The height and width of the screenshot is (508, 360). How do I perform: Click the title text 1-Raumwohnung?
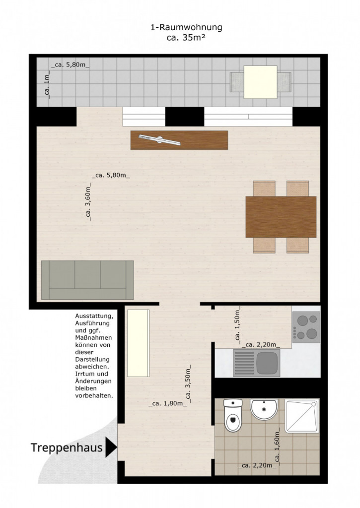click(x=187, y=27)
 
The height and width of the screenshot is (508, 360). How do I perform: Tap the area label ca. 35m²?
click(x=187, y=38)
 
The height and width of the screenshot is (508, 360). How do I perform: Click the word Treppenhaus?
click(x=67, y=448)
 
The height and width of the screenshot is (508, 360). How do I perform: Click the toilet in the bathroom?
click(x=233, y=415)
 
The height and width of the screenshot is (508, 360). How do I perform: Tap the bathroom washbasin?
click(x=264, y=409)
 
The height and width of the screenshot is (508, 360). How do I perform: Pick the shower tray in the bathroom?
click(x=301, y=416)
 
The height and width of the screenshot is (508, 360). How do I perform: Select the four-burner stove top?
click(x=306, y=327)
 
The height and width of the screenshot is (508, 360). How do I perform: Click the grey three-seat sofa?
click(x=87, y=280)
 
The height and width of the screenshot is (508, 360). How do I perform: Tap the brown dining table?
click(x=281, y=217)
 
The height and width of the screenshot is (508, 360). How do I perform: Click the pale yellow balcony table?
click(x=260, y=82)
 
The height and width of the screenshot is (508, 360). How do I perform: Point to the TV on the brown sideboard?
click(x=159, y=140)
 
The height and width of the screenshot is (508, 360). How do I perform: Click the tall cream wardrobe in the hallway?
click(x=138, y=343)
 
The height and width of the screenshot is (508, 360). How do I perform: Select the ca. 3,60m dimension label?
click(x=88, y=202)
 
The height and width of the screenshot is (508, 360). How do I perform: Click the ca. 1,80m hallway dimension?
click(x=168, y=404)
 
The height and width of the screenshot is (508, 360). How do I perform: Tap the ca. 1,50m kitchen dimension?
click(x=237, y=325)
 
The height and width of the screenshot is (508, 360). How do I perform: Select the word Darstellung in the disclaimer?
click(x=92, y=359)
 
